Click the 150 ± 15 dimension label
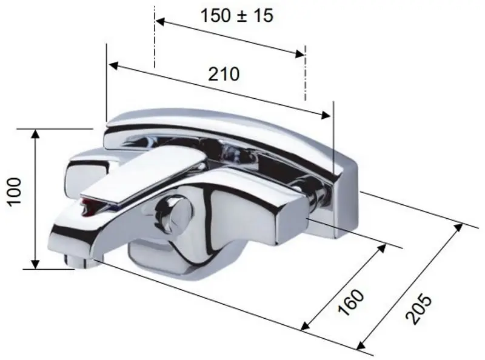237,16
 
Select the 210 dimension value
224,74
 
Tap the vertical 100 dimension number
14,191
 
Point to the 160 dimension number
351,302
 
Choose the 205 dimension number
418,309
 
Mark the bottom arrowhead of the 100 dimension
36,263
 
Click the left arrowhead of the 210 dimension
113,65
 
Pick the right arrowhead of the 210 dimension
325,115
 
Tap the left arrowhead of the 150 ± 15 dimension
159,22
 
